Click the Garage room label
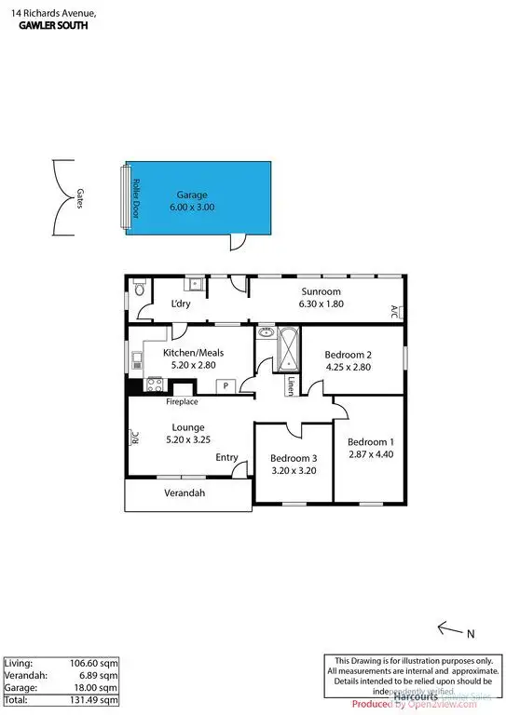point(192,196)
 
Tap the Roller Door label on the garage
point(136,196)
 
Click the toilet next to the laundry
point(139,290)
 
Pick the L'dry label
point(181,304)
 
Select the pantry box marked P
point(225,384)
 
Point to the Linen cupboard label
point(291,386)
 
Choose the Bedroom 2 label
point(348,355)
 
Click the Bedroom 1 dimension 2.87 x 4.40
point(370,454)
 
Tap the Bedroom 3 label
point(294,458)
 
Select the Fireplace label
point(182,402)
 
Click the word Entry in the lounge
point(226,457)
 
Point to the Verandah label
point(185,492)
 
